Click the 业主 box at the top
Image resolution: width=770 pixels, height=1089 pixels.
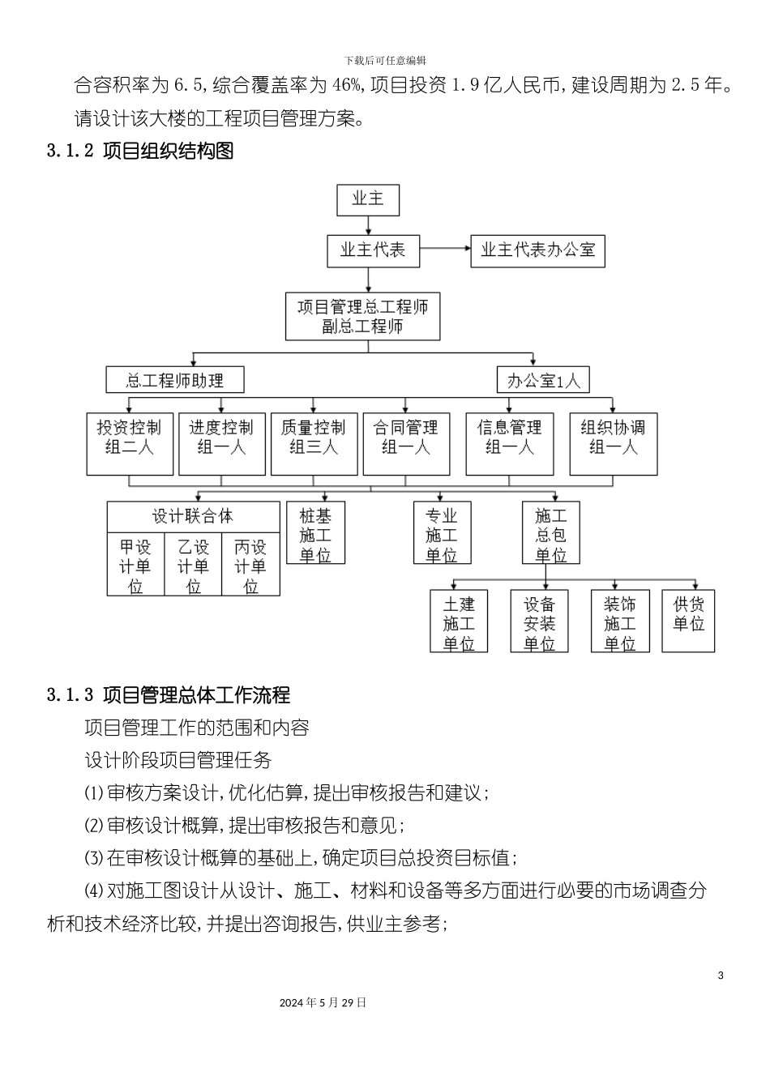pos(368,199)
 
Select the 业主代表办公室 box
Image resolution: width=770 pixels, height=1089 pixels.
pos(537,250)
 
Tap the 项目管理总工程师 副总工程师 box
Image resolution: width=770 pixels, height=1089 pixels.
pos(362,317)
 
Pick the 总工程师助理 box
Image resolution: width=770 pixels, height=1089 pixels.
pos(174,380)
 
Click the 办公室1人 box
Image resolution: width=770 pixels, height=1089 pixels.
pos(543,380)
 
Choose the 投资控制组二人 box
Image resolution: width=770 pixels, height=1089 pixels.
pos(130,444)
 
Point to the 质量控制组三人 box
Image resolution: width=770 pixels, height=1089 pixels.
pos(314,444)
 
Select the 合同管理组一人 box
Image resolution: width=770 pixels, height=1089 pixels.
pos(405,444)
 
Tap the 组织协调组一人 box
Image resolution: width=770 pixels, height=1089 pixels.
pos(613,444)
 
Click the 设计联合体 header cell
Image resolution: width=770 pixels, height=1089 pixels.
pos(193,517)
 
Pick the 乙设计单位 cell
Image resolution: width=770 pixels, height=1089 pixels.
pos(193,566)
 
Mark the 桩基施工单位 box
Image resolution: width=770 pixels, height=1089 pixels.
pos(315,535)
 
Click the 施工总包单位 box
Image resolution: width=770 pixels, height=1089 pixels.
pos(550,535)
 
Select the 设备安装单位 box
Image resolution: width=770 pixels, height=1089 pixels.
pos(539,623)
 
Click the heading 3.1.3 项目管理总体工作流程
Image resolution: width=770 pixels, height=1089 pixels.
pos(169,694)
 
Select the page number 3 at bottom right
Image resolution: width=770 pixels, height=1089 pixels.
pos(721,975)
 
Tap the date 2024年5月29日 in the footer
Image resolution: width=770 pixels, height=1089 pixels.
pos(323,1002)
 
